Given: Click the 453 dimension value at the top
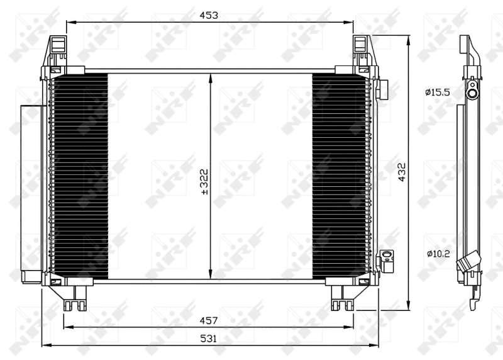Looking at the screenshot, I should click(209, 15).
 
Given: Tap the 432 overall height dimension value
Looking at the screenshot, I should click(402, 171).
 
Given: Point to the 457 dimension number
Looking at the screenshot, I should click(209, 320).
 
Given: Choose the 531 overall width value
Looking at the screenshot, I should click(209, 339).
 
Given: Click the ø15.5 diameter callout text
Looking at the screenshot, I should click(438, 93).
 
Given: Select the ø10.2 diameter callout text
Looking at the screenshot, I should click(437, 254).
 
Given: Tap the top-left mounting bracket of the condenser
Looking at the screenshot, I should click(57, 50).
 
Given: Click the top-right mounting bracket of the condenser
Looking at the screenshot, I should click(362, 50).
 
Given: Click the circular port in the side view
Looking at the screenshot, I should click(472, 93).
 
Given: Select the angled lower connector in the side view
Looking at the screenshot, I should click(469, 262).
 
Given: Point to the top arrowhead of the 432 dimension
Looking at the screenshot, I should click(409, 40).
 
